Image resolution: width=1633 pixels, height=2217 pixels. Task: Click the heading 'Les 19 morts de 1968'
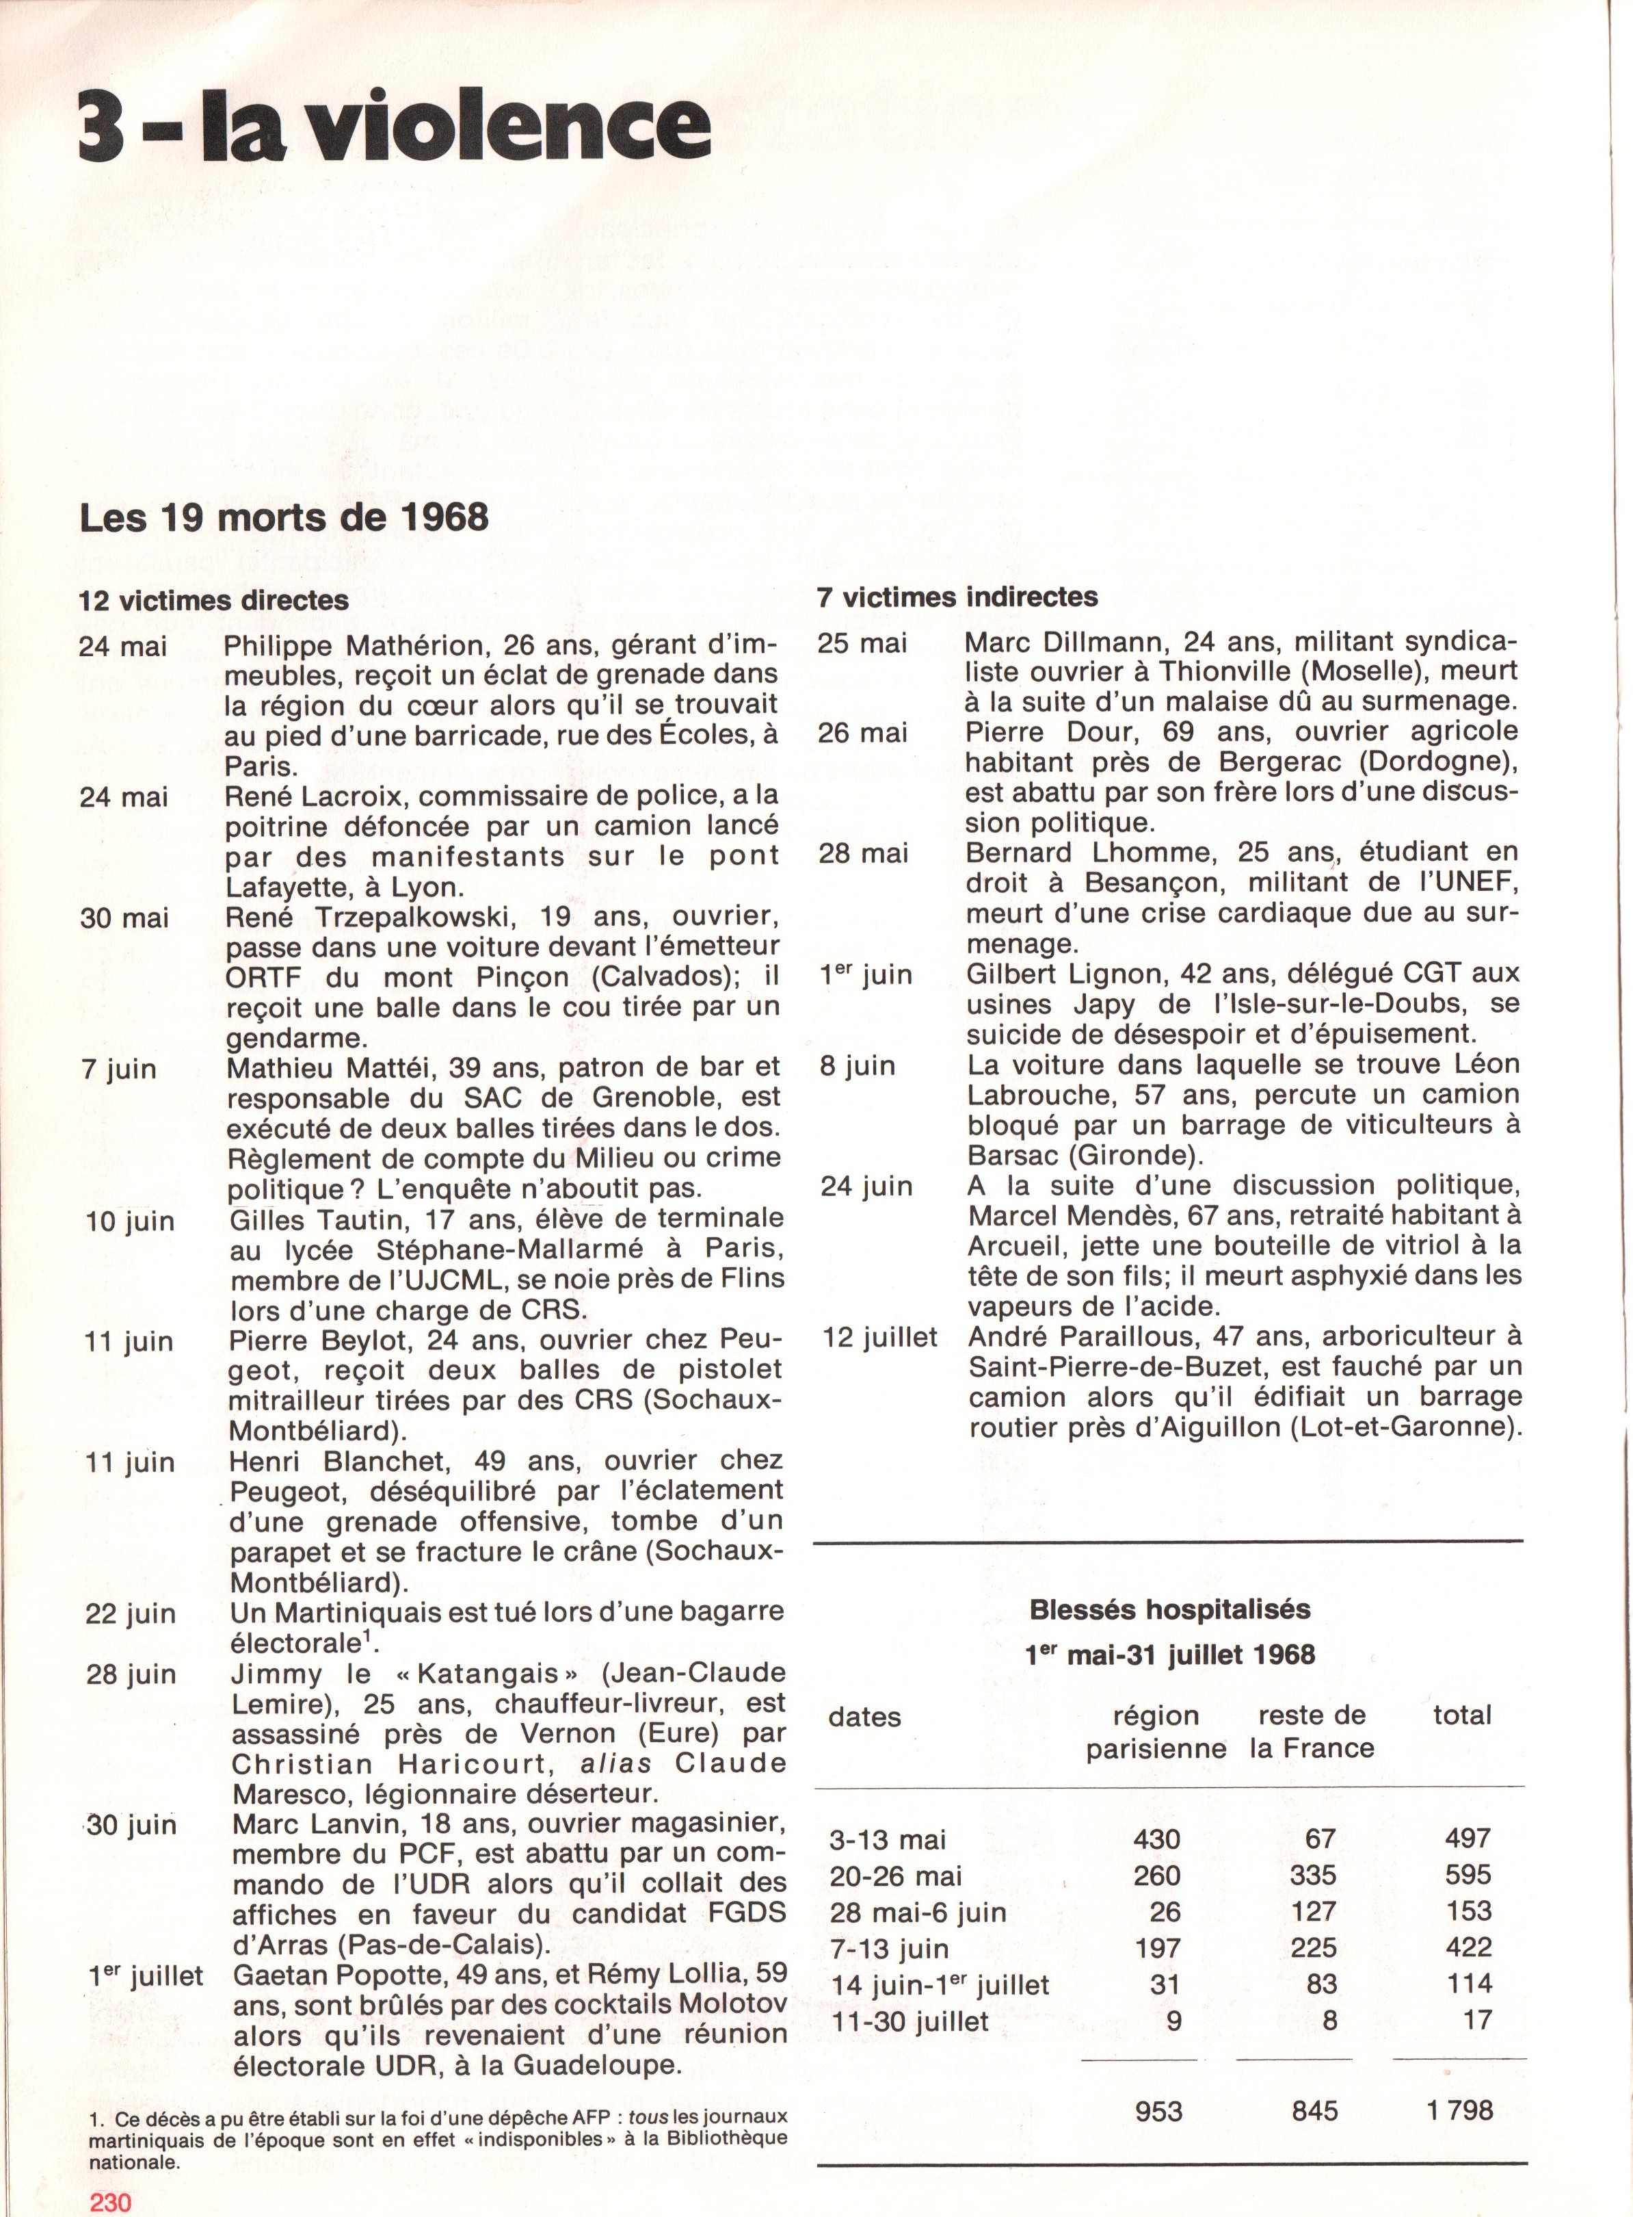[x=284, y=517]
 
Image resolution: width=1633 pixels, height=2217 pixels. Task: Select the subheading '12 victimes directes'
[x=213, y=600]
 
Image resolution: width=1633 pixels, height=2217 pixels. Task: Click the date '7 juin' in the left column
[x=118, y=1069]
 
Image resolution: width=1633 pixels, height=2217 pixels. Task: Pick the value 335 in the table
[x=1313, y=1875]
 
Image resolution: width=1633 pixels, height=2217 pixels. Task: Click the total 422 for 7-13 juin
[x=1468, y=1948]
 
